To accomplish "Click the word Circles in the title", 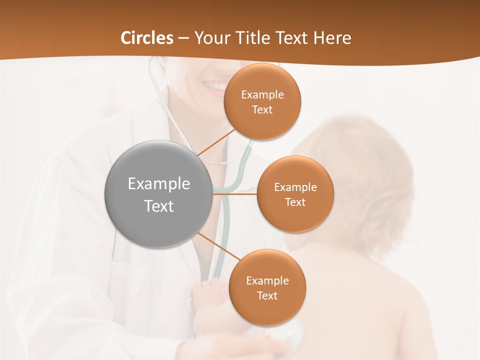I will click(146, 38).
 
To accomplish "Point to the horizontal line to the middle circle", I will click(235, 194).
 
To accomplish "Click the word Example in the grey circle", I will click(158, 183).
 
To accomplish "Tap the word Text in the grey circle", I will click(158, 206).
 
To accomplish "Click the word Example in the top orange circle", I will click(262, 95).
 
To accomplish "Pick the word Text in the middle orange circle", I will click(295, 202).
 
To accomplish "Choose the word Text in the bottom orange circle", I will click(267, 296).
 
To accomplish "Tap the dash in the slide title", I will click(183, 38).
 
